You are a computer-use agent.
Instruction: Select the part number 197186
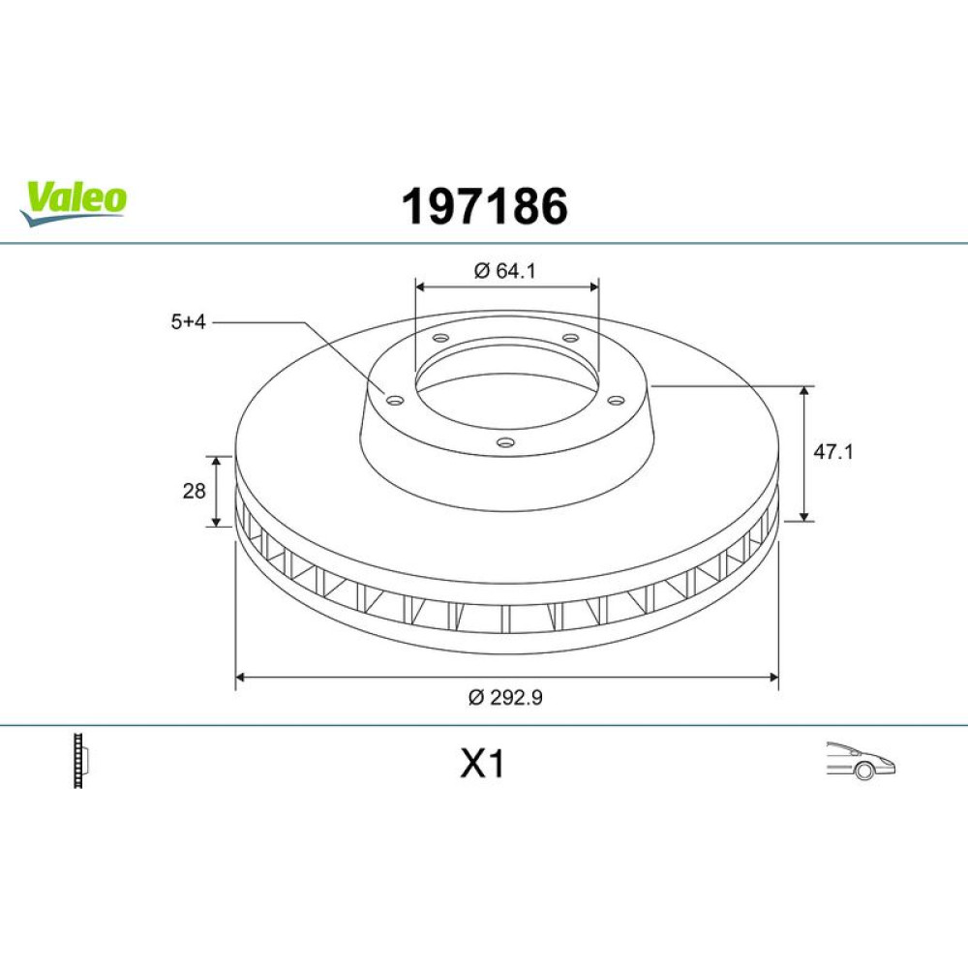(485, 206)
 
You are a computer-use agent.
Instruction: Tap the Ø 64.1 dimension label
(505, 270)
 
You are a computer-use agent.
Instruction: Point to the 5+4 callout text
(189, 321)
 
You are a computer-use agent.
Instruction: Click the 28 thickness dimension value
(194, 491)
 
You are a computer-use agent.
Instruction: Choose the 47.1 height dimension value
(832, 452)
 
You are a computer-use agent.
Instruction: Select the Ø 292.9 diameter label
(505, 697)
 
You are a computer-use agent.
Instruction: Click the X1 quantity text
(483, 765)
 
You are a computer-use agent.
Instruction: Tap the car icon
(861, 761)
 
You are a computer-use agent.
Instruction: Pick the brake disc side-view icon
(81, 761)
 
